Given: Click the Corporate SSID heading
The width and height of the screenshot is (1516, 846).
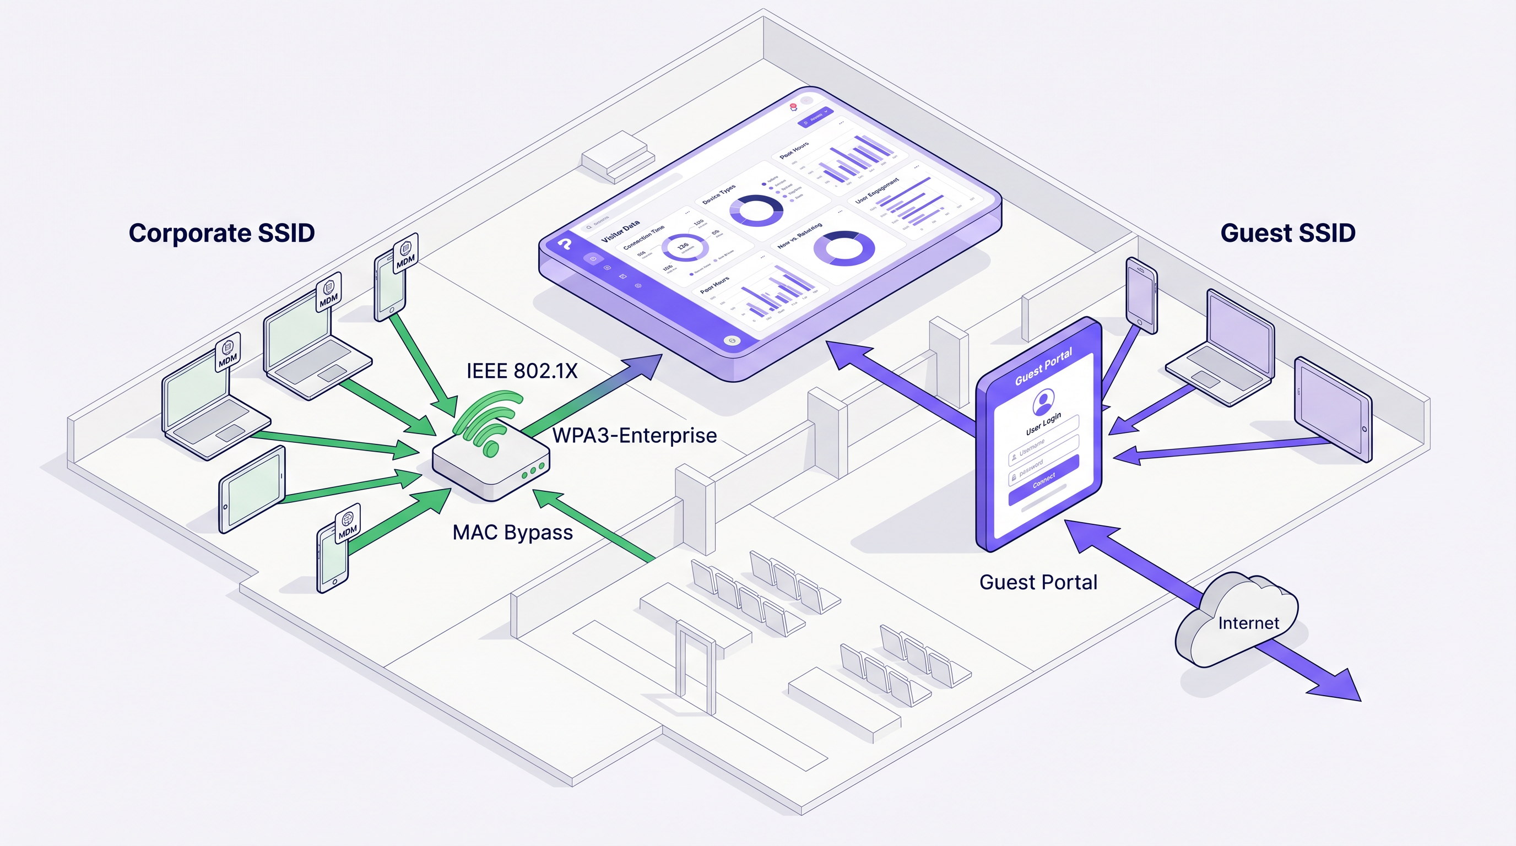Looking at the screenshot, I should coord(221,233).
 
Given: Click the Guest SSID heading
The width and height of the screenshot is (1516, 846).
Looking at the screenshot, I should coord(1287,233).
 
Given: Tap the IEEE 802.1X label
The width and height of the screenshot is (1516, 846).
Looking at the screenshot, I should coord(522,371).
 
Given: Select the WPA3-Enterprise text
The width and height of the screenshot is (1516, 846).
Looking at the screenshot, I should coord(634,435).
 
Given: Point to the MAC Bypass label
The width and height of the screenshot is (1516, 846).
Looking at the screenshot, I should coord(512,533).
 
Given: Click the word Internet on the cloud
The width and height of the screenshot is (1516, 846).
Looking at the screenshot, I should coord(1248,623).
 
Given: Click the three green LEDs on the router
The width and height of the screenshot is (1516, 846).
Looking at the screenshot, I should coord(533,471).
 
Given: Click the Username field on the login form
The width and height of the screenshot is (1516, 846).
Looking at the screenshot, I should coord(1043,447).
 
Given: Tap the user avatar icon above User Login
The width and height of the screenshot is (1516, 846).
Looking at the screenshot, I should coord(1043,403).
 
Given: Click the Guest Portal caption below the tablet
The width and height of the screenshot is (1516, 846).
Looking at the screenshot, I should coord(1038,582).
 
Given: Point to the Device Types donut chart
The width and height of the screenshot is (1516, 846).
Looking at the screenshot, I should coord(756,210).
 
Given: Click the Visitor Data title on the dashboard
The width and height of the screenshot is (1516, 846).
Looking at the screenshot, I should coord(620,232).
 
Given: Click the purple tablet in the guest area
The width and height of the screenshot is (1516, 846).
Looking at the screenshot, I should coord(1333,409).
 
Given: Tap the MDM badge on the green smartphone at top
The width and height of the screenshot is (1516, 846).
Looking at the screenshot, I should coord(405,253).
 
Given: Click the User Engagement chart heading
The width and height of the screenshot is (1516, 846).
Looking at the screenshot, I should coord(877,190).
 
